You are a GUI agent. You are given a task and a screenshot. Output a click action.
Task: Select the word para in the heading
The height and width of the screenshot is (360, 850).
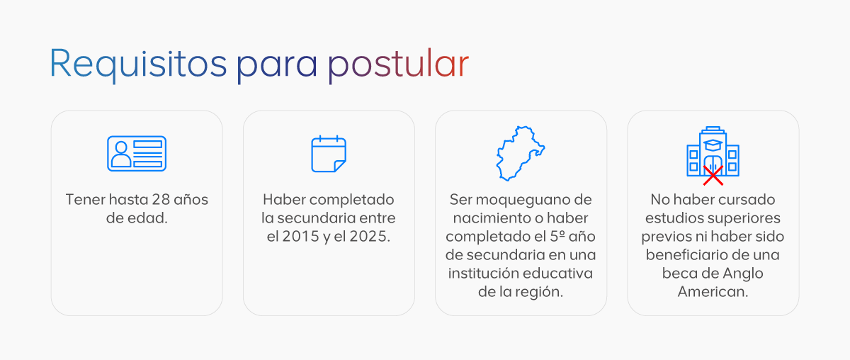point(277,67)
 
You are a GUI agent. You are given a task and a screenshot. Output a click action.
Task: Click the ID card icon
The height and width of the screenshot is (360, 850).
point(137,153)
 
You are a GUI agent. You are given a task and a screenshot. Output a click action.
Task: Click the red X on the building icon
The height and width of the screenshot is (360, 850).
point(713,176)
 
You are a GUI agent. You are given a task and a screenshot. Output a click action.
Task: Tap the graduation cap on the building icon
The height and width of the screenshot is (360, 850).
point(713,145)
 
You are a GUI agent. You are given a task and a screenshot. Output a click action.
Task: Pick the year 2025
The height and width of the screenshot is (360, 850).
point(370,236)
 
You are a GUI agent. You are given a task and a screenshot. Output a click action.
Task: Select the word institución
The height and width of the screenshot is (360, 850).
point(483,273)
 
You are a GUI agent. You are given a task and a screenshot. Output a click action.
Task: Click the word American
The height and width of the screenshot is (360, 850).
point(713,292)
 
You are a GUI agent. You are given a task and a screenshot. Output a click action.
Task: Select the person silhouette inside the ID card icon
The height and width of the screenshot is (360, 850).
point(121,154)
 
